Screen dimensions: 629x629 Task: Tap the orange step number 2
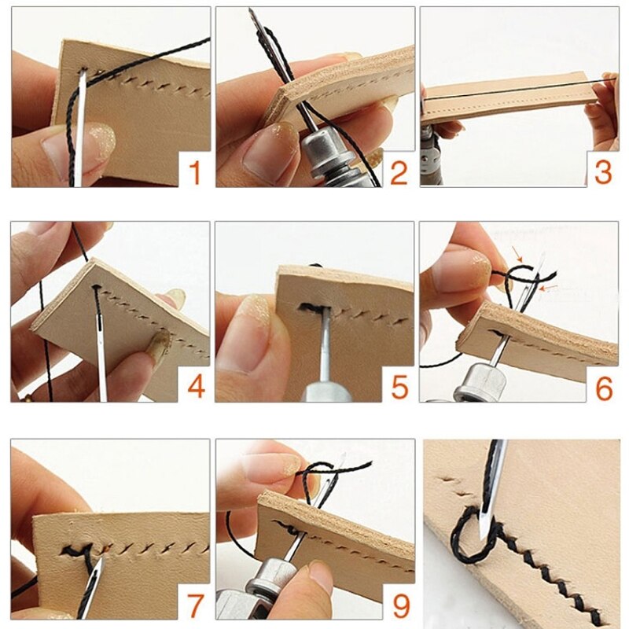[399, 171]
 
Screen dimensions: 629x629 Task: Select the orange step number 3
[602, 171]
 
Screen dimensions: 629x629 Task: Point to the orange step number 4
[193, 386]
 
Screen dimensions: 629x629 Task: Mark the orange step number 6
[602, 386]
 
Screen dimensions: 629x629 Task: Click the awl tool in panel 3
[432, 157]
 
